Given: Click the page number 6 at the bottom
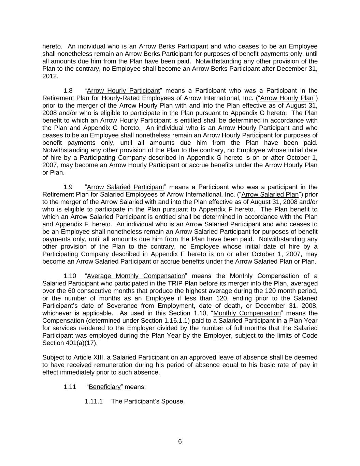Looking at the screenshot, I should [x=180, y=442].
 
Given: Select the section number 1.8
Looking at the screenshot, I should [x=68, y=91].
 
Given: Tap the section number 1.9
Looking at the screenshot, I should [x=68, y=187].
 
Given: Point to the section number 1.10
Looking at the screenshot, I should [x=70, y=276].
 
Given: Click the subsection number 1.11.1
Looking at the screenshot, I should [x=93, y=401].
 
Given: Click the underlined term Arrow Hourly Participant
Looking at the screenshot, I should [x=123, y=91].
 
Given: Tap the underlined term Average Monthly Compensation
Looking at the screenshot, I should [x=136, y=276].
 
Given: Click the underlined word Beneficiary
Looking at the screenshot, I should [x=105, y=387].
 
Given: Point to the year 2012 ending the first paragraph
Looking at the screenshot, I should [x=49, y=76].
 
